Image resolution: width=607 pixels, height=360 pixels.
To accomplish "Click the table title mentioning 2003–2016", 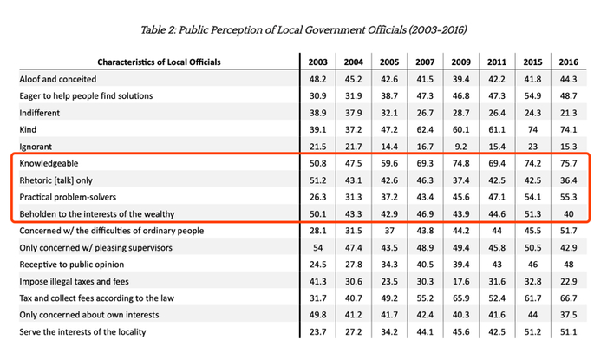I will click(303, 29).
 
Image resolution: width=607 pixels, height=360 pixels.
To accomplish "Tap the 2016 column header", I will click(569, 62).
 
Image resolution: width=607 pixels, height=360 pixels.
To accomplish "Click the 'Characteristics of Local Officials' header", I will click(159, 62).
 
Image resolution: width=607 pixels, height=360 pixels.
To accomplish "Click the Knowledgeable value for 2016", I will click(569, 162).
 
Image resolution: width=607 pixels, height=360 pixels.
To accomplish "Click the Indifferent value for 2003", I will click(317, 112).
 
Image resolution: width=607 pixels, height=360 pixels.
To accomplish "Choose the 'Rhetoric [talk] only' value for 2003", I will click(317, 180).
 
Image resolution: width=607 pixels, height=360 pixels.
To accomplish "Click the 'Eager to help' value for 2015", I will click(531, 95).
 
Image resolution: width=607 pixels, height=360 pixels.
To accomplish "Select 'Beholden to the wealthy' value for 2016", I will click(569, 213).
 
